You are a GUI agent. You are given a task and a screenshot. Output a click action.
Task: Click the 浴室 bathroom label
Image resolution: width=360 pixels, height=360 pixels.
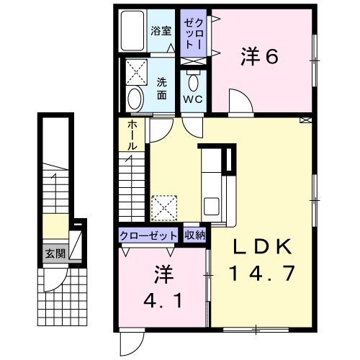point(161,31)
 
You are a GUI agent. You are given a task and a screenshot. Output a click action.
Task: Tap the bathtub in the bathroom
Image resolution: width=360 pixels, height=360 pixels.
point(132,30)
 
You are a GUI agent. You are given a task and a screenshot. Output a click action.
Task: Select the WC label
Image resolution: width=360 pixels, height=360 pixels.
point(193,99)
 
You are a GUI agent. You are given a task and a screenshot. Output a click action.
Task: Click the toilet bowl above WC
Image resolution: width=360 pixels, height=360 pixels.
point(194,82)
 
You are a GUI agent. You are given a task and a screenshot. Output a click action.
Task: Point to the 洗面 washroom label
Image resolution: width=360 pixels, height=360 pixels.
point(162,89)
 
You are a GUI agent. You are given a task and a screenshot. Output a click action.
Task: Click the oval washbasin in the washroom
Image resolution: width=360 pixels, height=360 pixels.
point(135,99)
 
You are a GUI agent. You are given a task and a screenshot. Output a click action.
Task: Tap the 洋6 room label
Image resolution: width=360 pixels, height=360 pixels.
point(259,57)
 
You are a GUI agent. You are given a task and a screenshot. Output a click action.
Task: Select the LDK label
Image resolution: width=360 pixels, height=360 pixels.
point(263,246)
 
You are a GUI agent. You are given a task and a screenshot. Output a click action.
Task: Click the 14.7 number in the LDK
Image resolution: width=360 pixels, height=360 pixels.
point(262,273)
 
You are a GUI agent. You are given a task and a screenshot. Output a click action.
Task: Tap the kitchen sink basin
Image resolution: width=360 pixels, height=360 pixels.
point(211,206)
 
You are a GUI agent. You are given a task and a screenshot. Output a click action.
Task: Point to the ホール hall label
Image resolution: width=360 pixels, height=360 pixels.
point(132,135)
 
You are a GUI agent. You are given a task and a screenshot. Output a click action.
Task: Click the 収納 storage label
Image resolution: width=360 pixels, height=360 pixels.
point(194,235)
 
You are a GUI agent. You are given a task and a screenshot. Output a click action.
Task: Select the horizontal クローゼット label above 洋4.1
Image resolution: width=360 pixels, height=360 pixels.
point(148,236)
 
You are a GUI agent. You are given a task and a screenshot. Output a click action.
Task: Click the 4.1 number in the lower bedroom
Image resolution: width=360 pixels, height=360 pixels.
point(163,301)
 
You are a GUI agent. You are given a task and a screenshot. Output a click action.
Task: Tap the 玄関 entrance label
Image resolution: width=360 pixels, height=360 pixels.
point(55,253)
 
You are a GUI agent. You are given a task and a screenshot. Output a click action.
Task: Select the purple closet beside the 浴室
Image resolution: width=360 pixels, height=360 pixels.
point(193,33)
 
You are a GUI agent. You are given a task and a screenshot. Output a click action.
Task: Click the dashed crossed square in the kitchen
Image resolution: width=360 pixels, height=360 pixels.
point(164,208)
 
